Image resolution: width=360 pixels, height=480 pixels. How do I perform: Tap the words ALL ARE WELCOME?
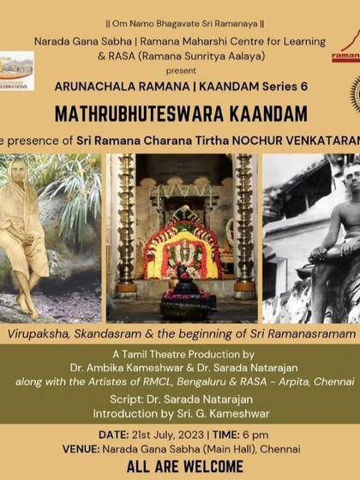tap(180, 467)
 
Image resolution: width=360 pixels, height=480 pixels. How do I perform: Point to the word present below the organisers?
tap(181, 69)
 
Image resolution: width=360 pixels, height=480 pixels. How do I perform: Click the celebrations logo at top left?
tap(17, 73)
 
